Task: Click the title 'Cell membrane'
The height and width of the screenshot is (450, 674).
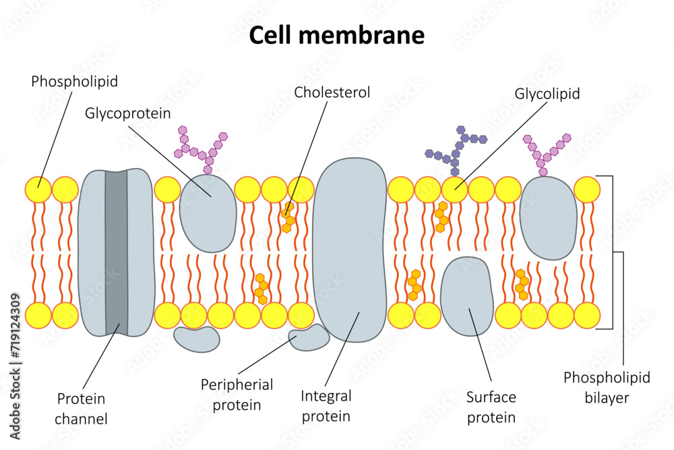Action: click(336, 35)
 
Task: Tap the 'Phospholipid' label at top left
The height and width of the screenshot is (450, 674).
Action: click(74, 82)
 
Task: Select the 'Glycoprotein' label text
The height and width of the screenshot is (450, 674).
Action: click(127, 113)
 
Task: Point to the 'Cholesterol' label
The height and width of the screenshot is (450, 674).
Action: click(332, 92)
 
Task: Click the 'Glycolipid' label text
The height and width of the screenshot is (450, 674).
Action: click(547, 94)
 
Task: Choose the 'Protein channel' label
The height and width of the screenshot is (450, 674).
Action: click(82, 408)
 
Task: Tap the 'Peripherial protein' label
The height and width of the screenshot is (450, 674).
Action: click(237, 395)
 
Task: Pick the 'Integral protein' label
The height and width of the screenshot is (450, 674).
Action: click(326, 406)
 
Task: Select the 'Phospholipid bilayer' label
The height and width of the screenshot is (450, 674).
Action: click(607, 387)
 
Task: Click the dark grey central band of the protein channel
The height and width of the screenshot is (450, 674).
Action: click(116, 253)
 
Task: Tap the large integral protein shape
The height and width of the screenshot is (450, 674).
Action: click(349, 250)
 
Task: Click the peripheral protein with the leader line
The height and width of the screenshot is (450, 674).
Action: click(308, 337)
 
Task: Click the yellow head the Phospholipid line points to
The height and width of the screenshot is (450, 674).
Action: click(38, 190)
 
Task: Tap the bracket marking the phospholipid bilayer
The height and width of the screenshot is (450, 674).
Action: click(612, 252)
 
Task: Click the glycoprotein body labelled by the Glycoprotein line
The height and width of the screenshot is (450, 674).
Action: click(208, 211)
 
